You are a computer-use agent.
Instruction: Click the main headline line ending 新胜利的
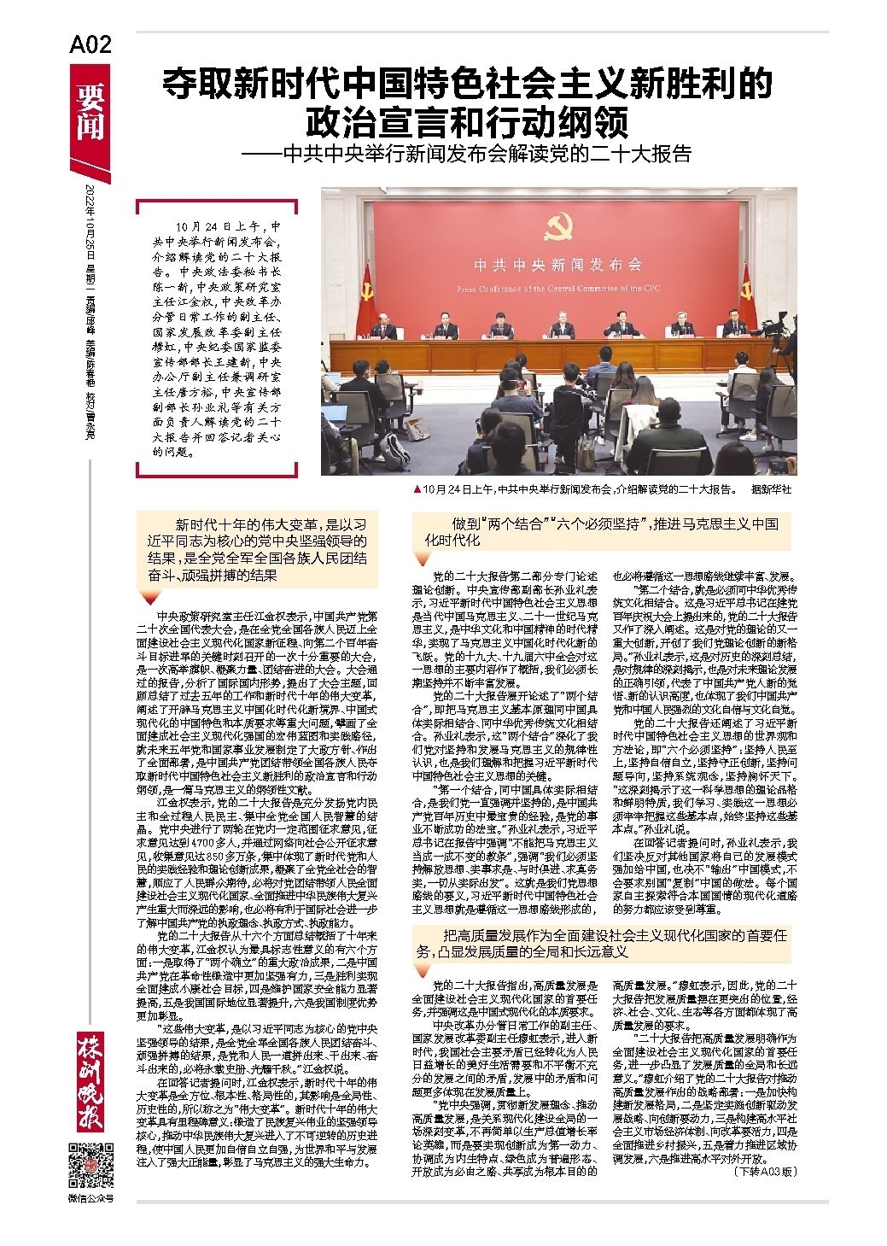(468, 85)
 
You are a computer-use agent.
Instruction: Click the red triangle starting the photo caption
(416, 489)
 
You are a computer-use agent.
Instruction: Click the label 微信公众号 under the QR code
(88, 1198)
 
